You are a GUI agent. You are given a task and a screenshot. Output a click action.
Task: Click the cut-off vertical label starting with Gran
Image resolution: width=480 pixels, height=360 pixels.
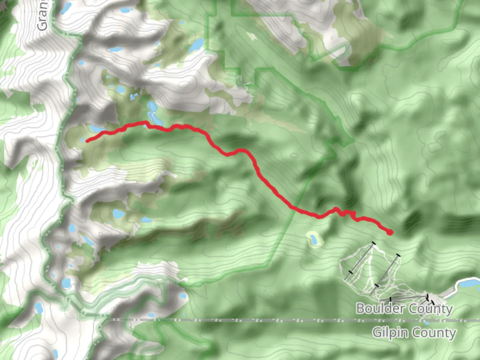tap(42, 15)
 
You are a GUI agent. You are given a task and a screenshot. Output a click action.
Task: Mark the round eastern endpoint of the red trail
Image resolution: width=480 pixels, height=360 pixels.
tap(390, 232)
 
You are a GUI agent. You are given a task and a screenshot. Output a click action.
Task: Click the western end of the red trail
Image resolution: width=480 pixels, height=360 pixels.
tap(87, 141)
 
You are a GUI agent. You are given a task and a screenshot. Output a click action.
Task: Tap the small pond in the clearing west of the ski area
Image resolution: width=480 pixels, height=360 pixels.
tap(313, 239)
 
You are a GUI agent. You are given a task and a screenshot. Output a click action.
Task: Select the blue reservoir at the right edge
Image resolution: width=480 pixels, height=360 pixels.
tap(469, 284)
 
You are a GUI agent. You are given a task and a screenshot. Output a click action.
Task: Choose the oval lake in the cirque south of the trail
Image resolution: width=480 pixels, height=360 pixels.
tap(118, 214)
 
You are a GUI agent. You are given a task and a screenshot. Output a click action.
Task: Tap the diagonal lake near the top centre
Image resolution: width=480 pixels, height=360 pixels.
tap(197, 45)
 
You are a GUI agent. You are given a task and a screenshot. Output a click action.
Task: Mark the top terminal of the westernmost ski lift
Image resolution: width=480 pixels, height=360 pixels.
tap(373, 244)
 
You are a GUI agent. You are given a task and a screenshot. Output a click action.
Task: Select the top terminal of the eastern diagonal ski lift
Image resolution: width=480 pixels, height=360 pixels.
tap(398, 256)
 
